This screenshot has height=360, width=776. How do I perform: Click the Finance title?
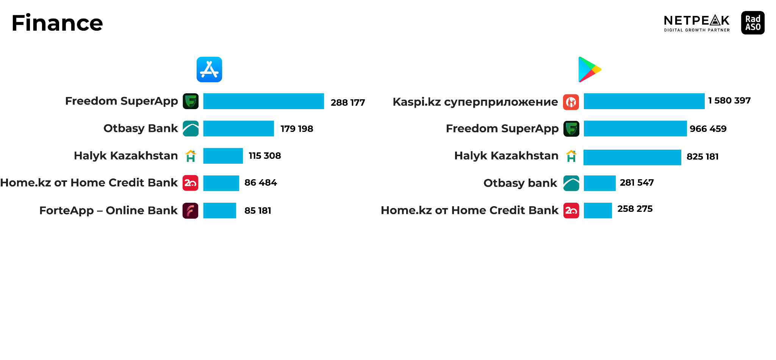pyautogui.click(x=57, y=23)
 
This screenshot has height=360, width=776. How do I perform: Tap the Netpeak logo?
pyautogui.click(x=696, y=23)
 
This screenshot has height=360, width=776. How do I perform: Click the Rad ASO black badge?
pyautogui.click(x=753, y=23)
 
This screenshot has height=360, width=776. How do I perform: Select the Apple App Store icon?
pyautogui.click(x=209, y=69)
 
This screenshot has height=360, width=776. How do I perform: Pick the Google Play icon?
pyautogui.click(x=590, y=69)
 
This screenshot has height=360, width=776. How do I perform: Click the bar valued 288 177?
pyautogui.click(x=263, y=101)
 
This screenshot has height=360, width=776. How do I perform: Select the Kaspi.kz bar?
pyautogui.click(x=644, y=101)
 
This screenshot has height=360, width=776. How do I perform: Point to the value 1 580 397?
pyautogui.click(x=729, y=100)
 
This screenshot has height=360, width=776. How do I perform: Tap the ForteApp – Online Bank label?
pyautogui.click(x=108, y=210)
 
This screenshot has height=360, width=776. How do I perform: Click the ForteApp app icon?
pyautogui.click(x=191, y=210)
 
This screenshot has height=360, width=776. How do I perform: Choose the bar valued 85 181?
pyautogui.click(x=219, y=210)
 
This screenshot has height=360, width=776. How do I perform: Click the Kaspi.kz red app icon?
pyautogui.click(x=571, y=102)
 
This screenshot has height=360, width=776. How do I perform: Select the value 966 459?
pyautogui.click(x=708, y=129)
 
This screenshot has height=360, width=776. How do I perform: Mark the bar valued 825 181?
pyautogui.click(x=632, y=157)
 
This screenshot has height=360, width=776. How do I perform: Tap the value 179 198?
pyautogui.click(x=297, y=129)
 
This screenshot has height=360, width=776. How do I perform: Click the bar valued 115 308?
pyautogui.click(x=223, y=156)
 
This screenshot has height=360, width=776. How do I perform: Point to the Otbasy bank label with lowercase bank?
pyautogui.click(x=520, y=183)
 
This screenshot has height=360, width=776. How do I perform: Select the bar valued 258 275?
pyautogui.click(x=598, y=210)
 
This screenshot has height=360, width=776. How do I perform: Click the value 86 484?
pyautogui.click(x=261, y=183)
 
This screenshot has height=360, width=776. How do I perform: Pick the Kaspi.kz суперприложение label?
pyautogui.click(x=475, y=102)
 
